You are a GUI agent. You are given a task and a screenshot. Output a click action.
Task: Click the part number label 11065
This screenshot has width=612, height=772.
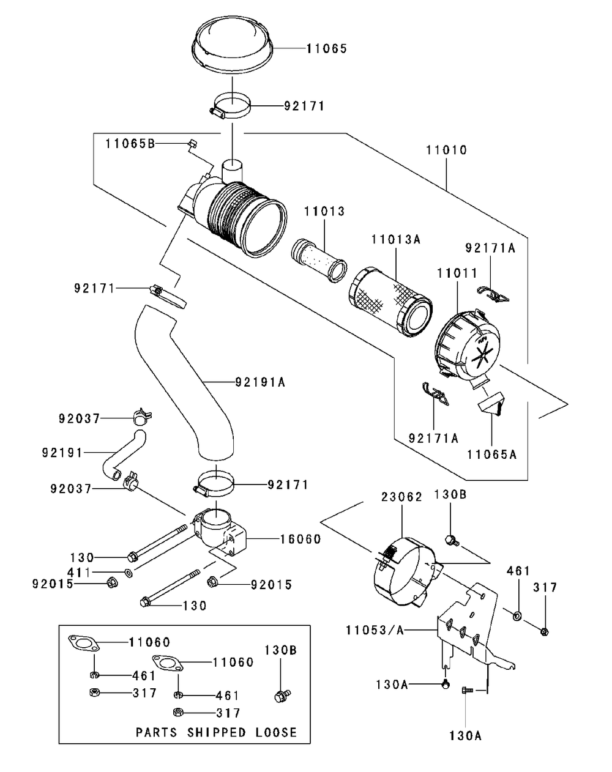(326, 48)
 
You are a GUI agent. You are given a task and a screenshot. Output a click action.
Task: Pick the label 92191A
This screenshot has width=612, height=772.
(260, 382)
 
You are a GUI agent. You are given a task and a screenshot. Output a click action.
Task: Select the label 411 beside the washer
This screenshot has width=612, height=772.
(80, 573)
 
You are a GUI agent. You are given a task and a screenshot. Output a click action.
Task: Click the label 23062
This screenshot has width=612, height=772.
(401, 497)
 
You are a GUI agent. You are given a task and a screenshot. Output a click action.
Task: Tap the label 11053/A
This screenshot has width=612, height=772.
(375, 630)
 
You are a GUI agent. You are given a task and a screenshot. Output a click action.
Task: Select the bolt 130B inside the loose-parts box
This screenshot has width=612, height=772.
(282, 696)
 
